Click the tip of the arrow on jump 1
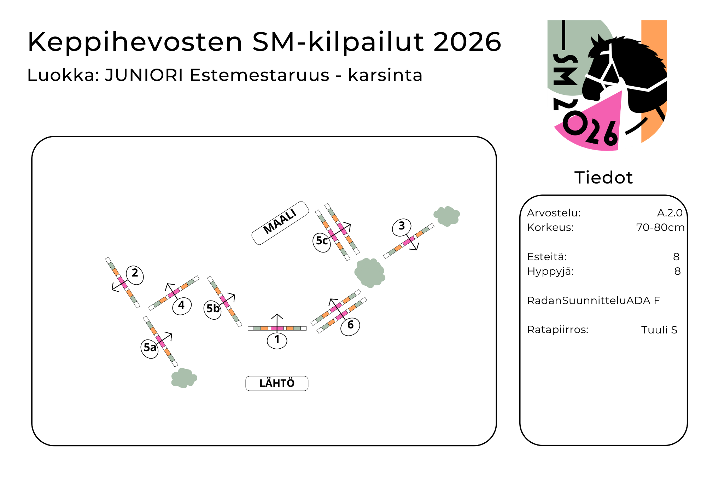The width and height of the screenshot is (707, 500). pos(277,314)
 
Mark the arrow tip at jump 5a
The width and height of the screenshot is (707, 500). pos(172,333)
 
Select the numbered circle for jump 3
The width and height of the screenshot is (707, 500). pos(402,227)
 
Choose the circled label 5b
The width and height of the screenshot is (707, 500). pos(213,309)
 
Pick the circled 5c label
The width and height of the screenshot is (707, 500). pos(322,242)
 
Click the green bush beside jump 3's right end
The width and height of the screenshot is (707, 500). pos(447,216)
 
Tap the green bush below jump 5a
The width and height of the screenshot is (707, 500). pos(184,378)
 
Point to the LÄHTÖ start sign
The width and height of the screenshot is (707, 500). pos(277,383)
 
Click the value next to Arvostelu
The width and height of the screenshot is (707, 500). pos(670,213)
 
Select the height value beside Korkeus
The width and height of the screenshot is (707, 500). pos(660,227)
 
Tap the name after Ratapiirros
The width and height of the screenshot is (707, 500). pos(659,330)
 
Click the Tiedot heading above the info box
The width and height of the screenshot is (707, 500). pos(603,178)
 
